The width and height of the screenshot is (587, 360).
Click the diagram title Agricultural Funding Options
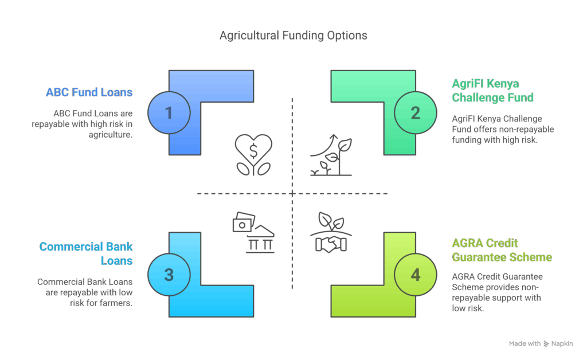(293, 36)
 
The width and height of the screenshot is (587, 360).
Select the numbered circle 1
(169, 113)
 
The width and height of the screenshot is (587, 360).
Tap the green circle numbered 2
(416, 113)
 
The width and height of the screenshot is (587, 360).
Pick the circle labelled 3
(169, 275)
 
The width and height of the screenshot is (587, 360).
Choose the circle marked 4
(416, 275)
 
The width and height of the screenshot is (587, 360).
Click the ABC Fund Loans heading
(89, 92)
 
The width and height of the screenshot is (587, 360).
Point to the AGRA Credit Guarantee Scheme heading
(502, 251)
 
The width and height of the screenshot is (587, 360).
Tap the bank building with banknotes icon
(253, 232)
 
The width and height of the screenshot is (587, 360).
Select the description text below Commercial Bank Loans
(85, 292)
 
